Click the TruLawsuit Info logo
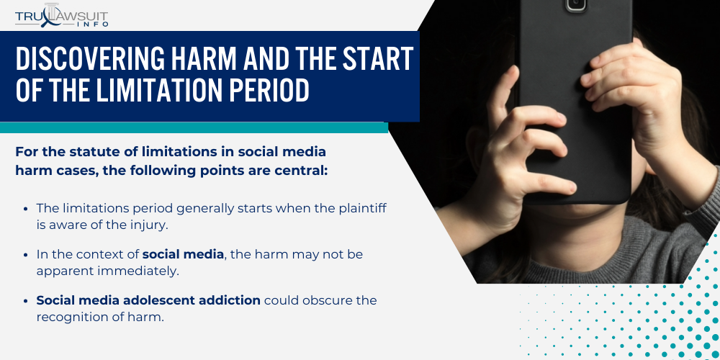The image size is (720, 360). point(61,17)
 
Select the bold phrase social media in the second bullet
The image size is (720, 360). point(183,254)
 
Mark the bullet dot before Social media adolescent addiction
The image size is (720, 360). point(26,301)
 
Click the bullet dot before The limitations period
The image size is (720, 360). point(26,209)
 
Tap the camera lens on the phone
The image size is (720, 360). point(576,4)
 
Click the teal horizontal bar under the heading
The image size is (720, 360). point(194,127)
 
